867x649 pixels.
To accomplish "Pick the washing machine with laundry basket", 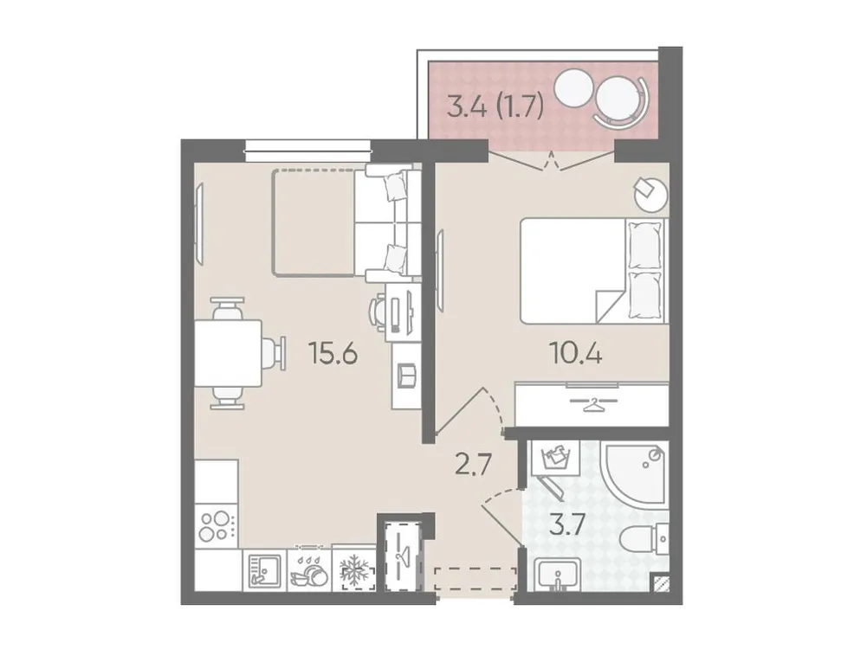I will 553,458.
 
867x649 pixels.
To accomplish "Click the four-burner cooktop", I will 217,524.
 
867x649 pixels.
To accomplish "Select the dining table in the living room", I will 228,353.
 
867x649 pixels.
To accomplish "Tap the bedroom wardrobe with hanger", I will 592,404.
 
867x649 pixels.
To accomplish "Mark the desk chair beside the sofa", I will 381,311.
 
